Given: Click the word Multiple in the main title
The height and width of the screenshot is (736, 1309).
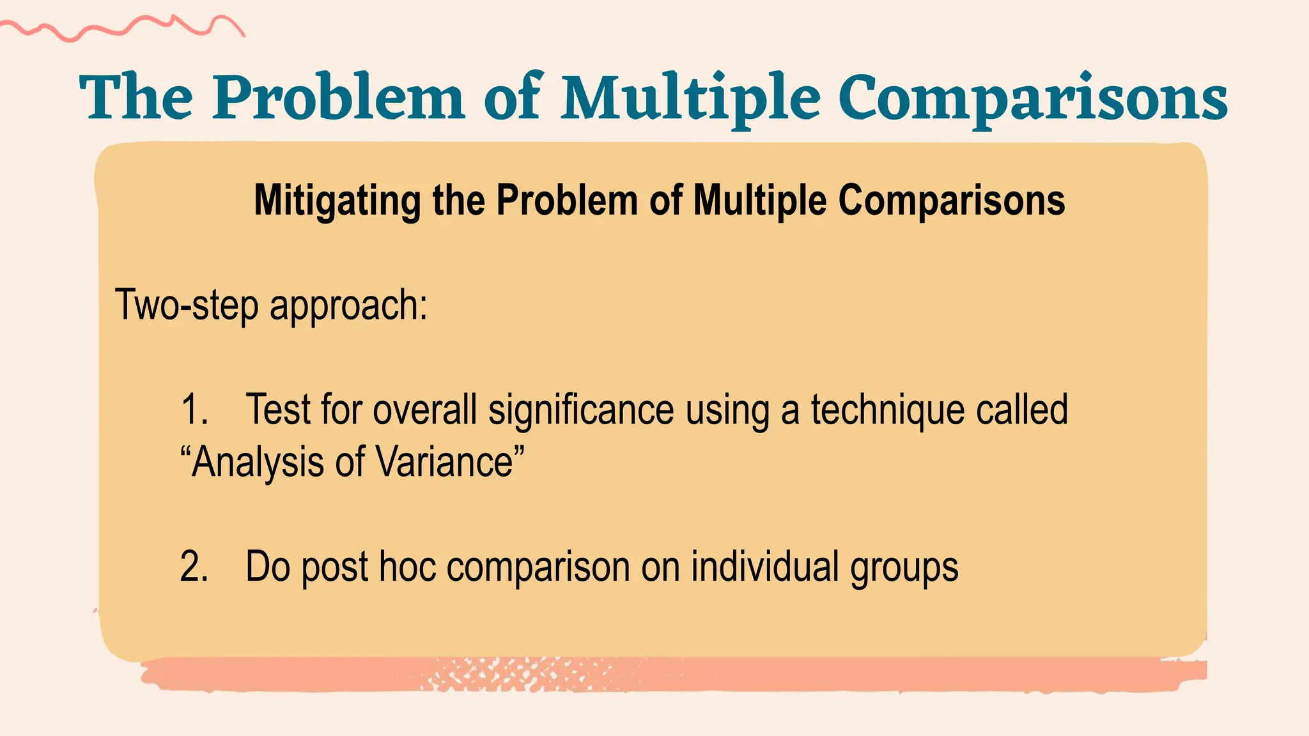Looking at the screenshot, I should coord(690,99).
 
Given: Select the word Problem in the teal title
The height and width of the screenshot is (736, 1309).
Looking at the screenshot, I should coord(339,99).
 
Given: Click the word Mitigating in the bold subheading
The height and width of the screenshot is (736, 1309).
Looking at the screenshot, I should coord(337,201).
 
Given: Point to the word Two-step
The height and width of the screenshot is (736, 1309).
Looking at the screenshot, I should coord(187,305).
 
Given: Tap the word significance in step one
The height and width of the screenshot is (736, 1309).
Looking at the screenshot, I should coord(581,410).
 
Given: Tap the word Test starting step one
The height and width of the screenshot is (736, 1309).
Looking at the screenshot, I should coord(277,410).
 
